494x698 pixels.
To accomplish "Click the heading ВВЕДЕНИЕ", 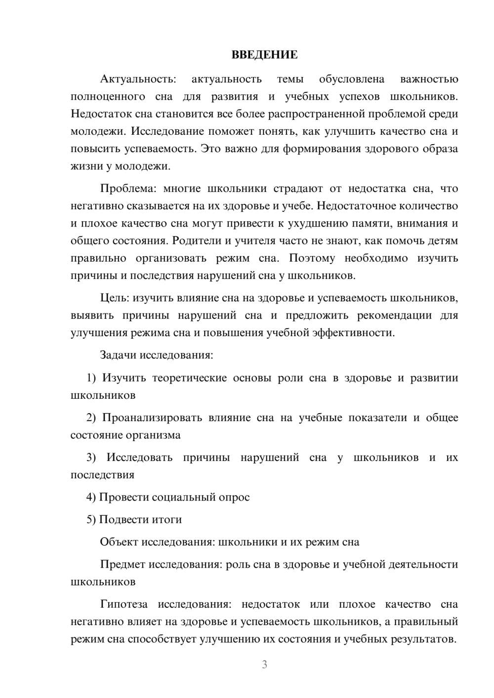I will tap(264, 55).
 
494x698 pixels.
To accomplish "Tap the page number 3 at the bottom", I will tap(264, 665).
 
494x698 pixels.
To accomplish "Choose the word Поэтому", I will tap(312, 258).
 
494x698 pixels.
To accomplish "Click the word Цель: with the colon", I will tap(115, 298).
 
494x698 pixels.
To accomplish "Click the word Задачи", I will tap(118, 355).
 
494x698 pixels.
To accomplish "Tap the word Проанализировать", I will tap(152, 418).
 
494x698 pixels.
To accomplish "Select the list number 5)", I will tap(91, 519).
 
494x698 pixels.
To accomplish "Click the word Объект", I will tap(119, 542).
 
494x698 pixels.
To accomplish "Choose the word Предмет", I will tap(122, 564).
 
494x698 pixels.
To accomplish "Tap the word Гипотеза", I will tap(123, 604).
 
